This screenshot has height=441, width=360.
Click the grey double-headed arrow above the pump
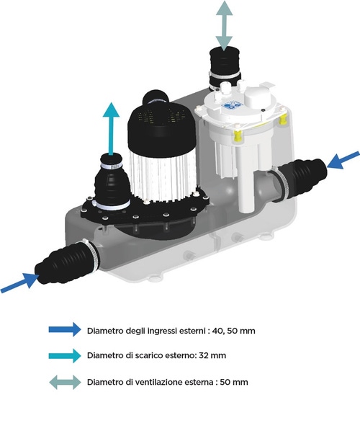[x=224, y=26]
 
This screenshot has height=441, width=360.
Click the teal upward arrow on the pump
[x=111, y=129]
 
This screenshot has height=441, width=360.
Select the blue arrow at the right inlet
[x=343, y=160]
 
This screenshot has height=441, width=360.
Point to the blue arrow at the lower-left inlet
[x=20, y=282]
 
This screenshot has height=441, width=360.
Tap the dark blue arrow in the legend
[x=65, y=329]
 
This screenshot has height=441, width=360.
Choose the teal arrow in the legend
[x=65, y=355]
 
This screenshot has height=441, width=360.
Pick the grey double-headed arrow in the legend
[x=65, y=382]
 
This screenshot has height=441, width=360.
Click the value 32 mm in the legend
[x=212, y=355]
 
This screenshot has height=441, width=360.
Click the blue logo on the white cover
[x=232, y=106]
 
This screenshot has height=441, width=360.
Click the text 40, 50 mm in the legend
[x=234, y=331]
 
